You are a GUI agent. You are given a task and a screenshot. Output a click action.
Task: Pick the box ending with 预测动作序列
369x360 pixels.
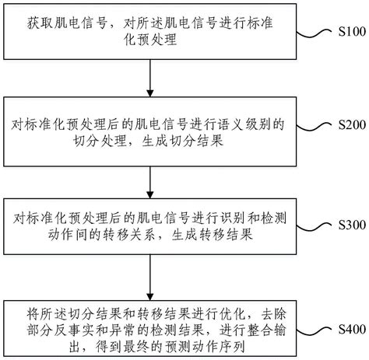(x=149, y=326)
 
